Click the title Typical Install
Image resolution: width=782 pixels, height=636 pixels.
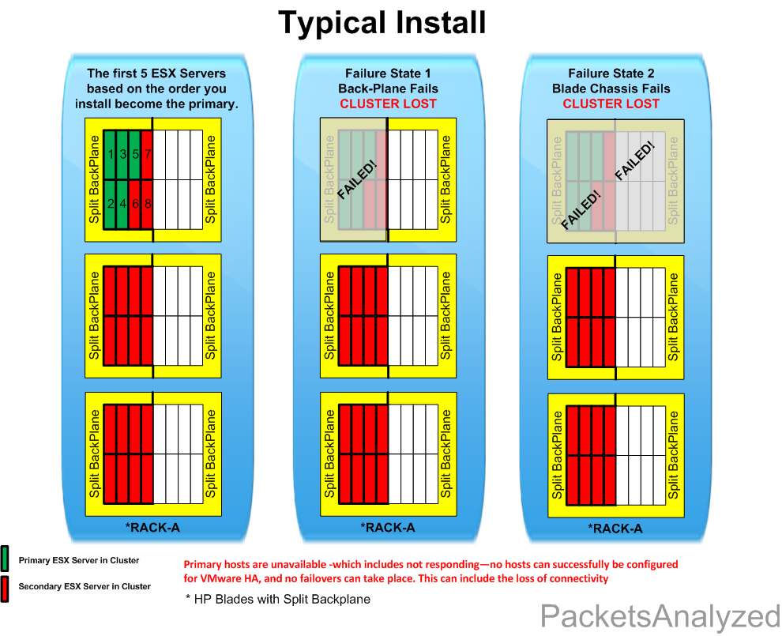click(x=382, y=23)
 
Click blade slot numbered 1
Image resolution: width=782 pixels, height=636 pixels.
click(x=111, y=155)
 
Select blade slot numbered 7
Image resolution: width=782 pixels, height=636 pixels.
click(x=148, y=155)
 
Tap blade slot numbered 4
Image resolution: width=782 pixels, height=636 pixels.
click(x=123, y=204)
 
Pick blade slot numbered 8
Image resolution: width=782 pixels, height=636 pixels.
click(x=148, y=204)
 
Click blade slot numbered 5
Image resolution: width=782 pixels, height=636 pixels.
click(x=136, y=155)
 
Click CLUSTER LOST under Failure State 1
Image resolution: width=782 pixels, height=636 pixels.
click(x=388, y=103)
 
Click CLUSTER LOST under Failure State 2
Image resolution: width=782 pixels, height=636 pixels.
click(x=611, y=103)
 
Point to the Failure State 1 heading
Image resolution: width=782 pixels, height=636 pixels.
click(x=388, y=73)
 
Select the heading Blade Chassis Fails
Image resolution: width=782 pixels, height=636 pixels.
click(x=611, y=88)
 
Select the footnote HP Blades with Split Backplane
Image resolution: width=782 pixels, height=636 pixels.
click(x=277, y=599)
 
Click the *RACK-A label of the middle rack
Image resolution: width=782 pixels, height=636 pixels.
click(x=388, y=527)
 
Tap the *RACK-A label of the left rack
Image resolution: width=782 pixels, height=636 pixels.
click(x=152, y=527)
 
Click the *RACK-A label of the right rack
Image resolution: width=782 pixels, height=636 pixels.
click(x=615, y=529)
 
